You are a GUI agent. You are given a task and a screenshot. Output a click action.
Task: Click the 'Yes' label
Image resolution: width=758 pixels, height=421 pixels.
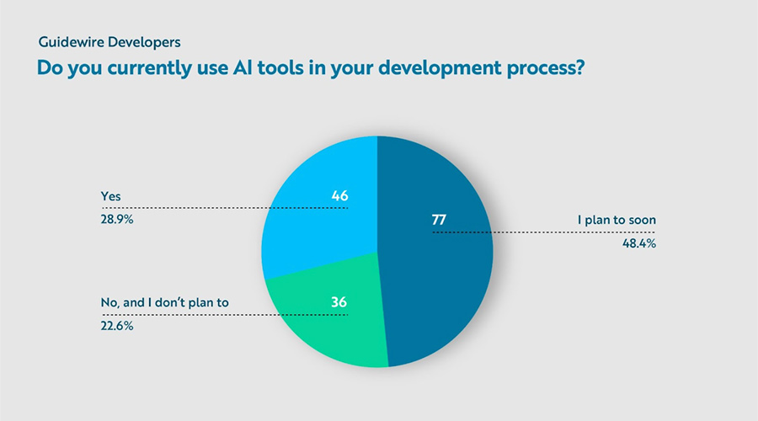[x=110, y=195]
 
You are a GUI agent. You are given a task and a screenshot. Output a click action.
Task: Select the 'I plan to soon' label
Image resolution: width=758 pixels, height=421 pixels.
[x=617, y=221]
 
